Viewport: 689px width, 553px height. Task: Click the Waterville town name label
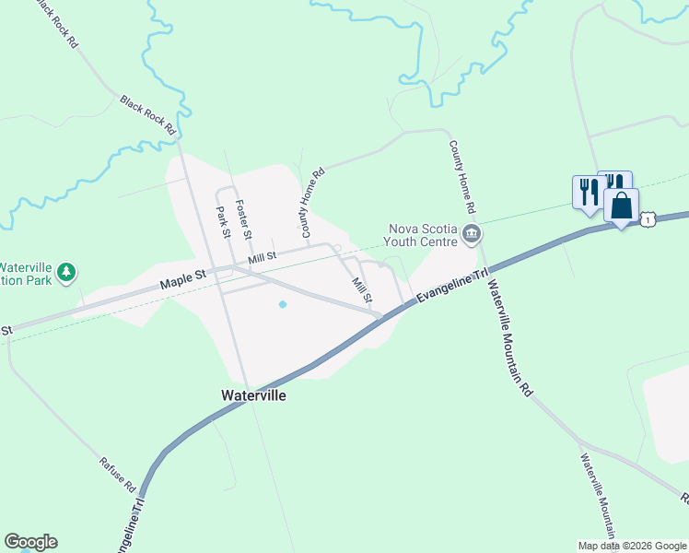[x=254, y=394]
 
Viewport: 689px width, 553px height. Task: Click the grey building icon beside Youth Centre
[x=473, y=235]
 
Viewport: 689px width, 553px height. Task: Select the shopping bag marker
[x=622, y=206]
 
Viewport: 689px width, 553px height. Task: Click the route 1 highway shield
[x=648, y=219]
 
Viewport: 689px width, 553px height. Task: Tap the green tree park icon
[x=65, y=272]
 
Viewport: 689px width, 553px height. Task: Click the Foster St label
[x=244, y=220]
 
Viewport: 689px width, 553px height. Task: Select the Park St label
[x=223, y=222]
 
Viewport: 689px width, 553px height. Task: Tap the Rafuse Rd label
[x=118, y=473]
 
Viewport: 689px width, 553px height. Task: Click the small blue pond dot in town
[x=283, y=304]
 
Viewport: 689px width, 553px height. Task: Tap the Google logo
[x=30, y=542]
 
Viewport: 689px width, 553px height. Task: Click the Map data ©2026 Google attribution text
[x=632, y=545]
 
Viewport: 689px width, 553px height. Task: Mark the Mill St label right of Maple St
[x=263, y=260]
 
